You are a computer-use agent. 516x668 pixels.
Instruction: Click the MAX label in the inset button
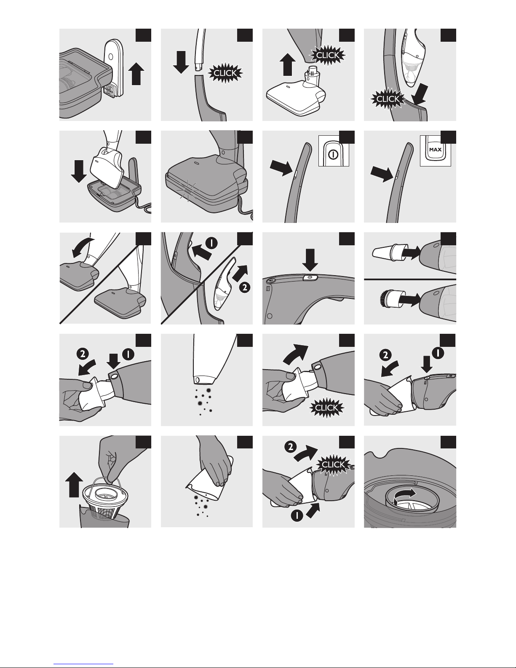pyautogui.click(x=435, y=150)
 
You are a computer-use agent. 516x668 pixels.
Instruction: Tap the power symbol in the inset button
pyautogui.click(x=334, y=154)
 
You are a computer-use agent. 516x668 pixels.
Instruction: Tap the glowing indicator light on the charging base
pyautogui.click(x=187, y=190)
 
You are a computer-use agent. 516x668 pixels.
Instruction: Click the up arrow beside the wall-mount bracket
pyautogui.click(x=136, y=73)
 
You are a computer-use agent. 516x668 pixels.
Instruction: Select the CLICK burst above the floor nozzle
pyautogui.click(x=328, y=55)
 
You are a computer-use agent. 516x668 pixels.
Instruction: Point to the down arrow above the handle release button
pyautogui.click(x=310, y=260)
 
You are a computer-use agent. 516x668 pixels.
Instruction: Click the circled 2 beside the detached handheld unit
pyautogui.click(x=244, y=287)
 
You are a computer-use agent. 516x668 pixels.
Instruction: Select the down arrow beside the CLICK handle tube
pyautogui.click(x=181, y=62)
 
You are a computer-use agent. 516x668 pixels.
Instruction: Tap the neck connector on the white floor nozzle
pyautogui.click(x=311, y=76)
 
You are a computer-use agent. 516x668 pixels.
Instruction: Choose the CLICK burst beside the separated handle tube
pyautogui.click(x=226, y=73)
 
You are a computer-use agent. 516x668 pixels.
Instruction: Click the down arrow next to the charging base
pyautogui.click(x=79, y=171)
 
